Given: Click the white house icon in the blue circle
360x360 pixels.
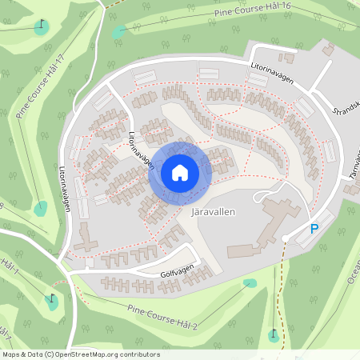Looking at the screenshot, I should (180, 172).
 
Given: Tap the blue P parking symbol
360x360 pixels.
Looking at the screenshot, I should (314, 230).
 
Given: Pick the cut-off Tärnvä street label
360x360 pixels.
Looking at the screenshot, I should (352, 160).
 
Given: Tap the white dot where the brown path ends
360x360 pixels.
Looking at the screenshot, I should (286, 238).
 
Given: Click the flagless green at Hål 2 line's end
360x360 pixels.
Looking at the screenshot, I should (250, 282).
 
